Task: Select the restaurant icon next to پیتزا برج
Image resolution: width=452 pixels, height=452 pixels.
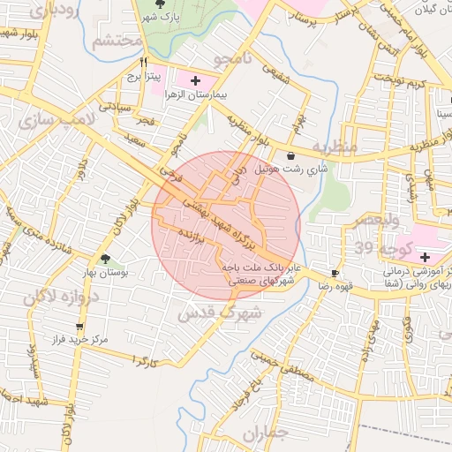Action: coord(144,63)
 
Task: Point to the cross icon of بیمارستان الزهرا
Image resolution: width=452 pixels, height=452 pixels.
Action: coord(194,80)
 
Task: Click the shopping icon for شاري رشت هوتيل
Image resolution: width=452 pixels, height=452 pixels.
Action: coord(291,155)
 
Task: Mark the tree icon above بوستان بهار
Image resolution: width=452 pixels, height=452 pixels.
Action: coord(105,260)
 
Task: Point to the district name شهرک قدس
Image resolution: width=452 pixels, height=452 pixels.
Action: coord(221,313)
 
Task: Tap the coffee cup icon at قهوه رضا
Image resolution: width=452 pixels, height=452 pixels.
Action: coord(335,274)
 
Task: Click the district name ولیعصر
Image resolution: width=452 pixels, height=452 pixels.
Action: coord(380,218)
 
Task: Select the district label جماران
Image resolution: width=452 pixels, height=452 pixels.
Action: coord(289,433)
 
